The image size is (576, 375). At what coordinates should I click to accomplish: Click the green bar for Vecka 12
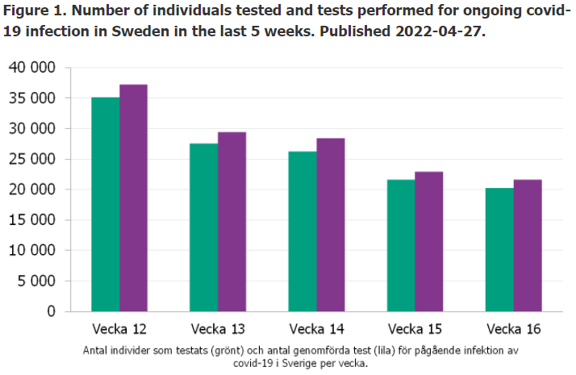point(106,204)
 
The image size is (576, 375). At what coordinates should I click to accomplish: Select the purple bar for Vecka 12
point(133,198)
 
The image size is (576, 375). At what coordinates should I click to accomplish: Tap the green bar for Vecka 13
point(203,227)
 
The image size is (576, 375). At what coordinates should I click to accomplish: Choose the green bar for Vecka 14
point(302,231)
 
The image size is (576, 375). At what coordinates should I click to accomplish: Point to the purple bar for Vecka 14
point(330,224)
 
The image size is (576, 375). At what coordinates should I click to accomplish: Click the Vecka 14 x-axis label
point(315,329)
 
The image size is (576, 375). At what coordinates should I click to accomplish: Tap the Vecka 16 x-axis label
point(513,329)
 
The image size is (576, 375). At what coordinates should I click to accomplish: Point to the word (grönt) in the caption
point(236,351)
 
